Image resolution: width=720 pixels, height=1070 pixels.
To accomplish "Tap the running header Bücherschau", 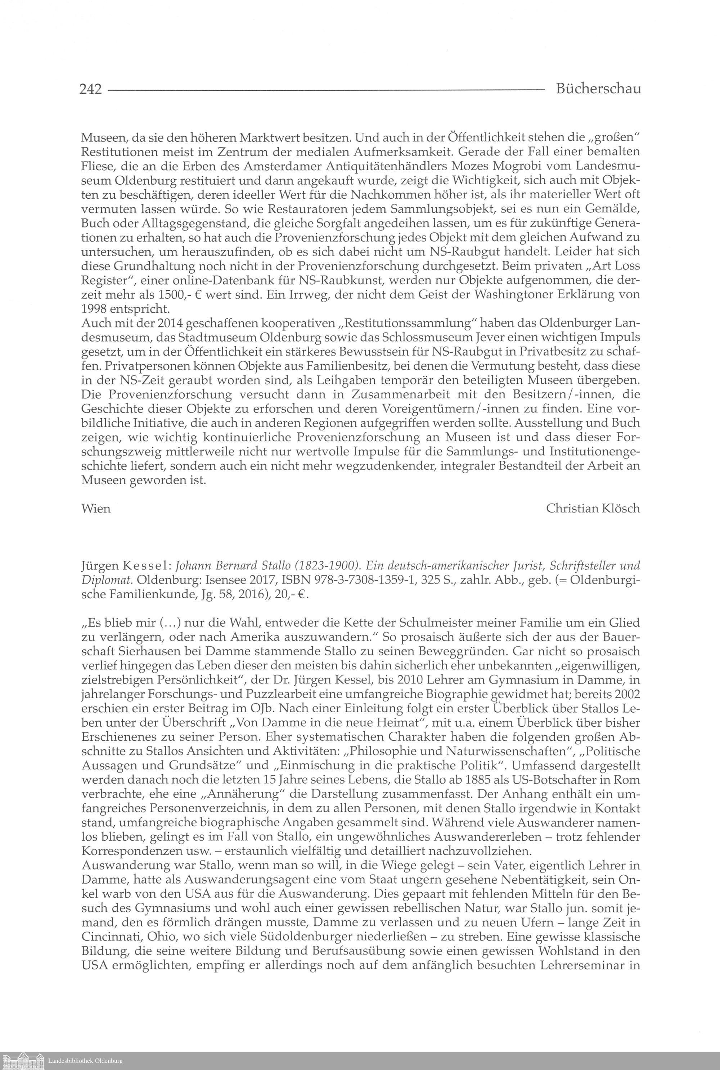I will point(598,89).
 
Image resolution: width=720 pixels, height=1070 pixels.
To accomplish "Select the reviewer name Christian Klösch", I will point(593,508).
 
